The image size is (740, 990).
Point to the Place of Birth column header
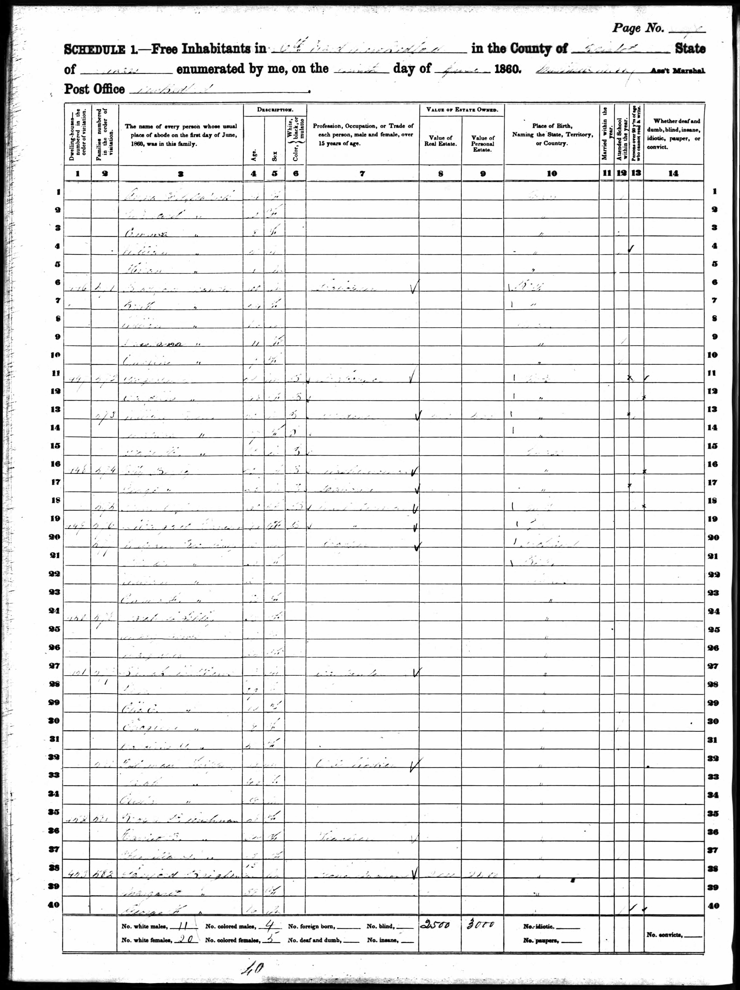[x=552, y=134]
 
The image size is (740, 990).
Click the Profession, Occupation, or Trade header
[x=363, y=134]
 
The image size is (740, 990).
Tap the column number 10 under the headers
[x=552, y=174]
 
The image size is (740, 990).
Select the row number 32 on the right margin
[x=713, y=758]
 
